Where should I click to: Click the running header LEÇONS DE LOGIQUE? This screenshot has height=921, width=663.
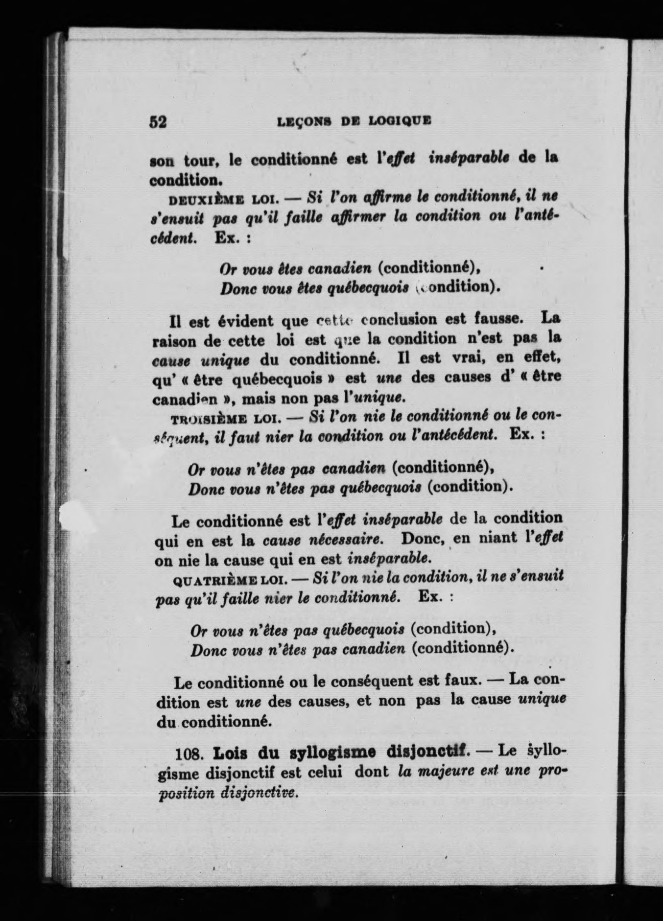[x=354, y=120]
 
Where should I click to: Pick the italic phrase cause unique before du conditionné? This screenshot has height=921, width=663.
[x=201, y=361]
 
